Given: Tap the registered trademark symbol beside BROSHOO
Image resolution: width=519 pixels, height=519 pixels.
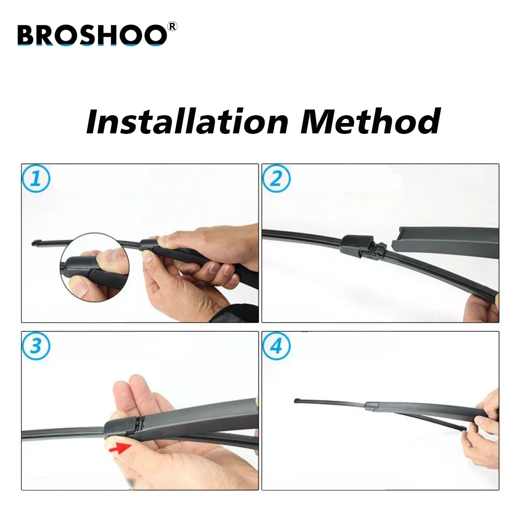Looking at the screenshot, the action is [172, 26].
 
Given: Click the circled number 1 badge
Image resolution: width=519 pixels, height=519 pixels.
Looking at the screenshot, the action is [36, 179].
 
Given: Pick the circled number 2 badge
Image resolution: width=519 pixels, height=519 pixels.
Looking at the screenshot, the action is [277, 179].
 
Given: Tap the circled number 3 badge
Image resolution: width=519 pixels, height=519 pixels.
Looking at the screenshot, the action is [36, 346].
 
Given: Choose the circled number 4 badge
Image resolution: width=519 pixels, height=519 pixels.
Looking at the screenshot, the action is [277, 346].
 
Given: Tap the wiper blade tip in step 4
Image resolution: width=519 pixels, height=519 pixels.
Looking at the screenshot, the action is [297, 401].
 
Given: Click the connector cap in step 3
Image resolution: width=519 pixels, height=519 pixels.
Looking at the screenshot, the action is [120, 427].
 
